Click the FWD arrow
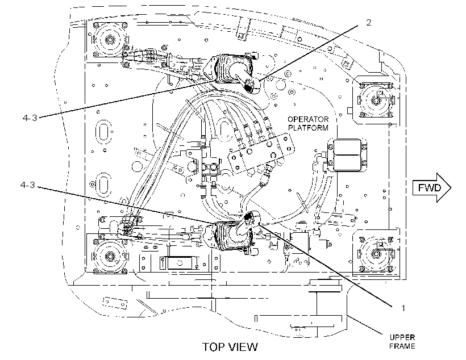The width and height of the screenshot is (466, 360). pyautogui.click(x=432, y=188)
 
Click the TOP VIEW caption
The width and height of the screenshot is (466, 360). pyautogui.click(x=230, y=347)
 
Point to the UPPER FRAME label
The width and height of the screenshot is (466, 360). pyautogui.click(x=402, y=342)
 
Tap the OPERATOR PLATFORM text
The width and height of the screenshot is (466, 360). pyautogui.click(x=308, y=124)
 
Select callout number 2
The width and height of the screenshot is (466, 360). pyautogui.click(x=368, y=23)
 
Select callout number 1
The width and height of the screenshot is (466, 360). pyautogui.click(x=403, y=308)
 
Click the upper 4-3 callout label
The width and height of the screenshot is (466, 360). pyautogui.click(x=30, y=118)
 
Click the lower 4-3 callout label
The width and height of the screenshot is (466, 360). pyautogui.click(x=28, y=185)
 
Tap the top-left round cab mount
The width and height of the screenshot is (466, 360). pyautogui.click(x=110, y=40)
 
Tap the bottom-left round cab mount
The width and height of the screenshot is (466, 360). pyautogui.click(x=110, y=256)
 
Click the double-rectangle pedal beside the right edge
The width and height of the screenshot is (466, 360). pyautogui.click(x=347, y=155)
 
